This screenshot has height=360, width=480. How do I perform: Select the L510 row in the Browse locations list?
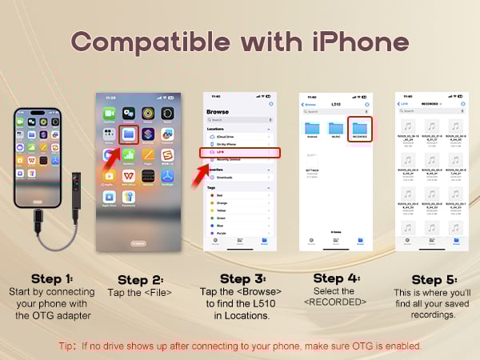coord(240,152)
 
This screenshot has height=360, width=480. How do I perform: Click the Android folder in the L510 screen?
coord(313,128)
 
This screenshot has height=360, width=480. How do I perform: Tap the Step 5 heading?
coord(433,279)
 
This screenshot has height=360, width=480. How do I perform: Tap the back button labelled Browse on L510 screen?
coord(309,105)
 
